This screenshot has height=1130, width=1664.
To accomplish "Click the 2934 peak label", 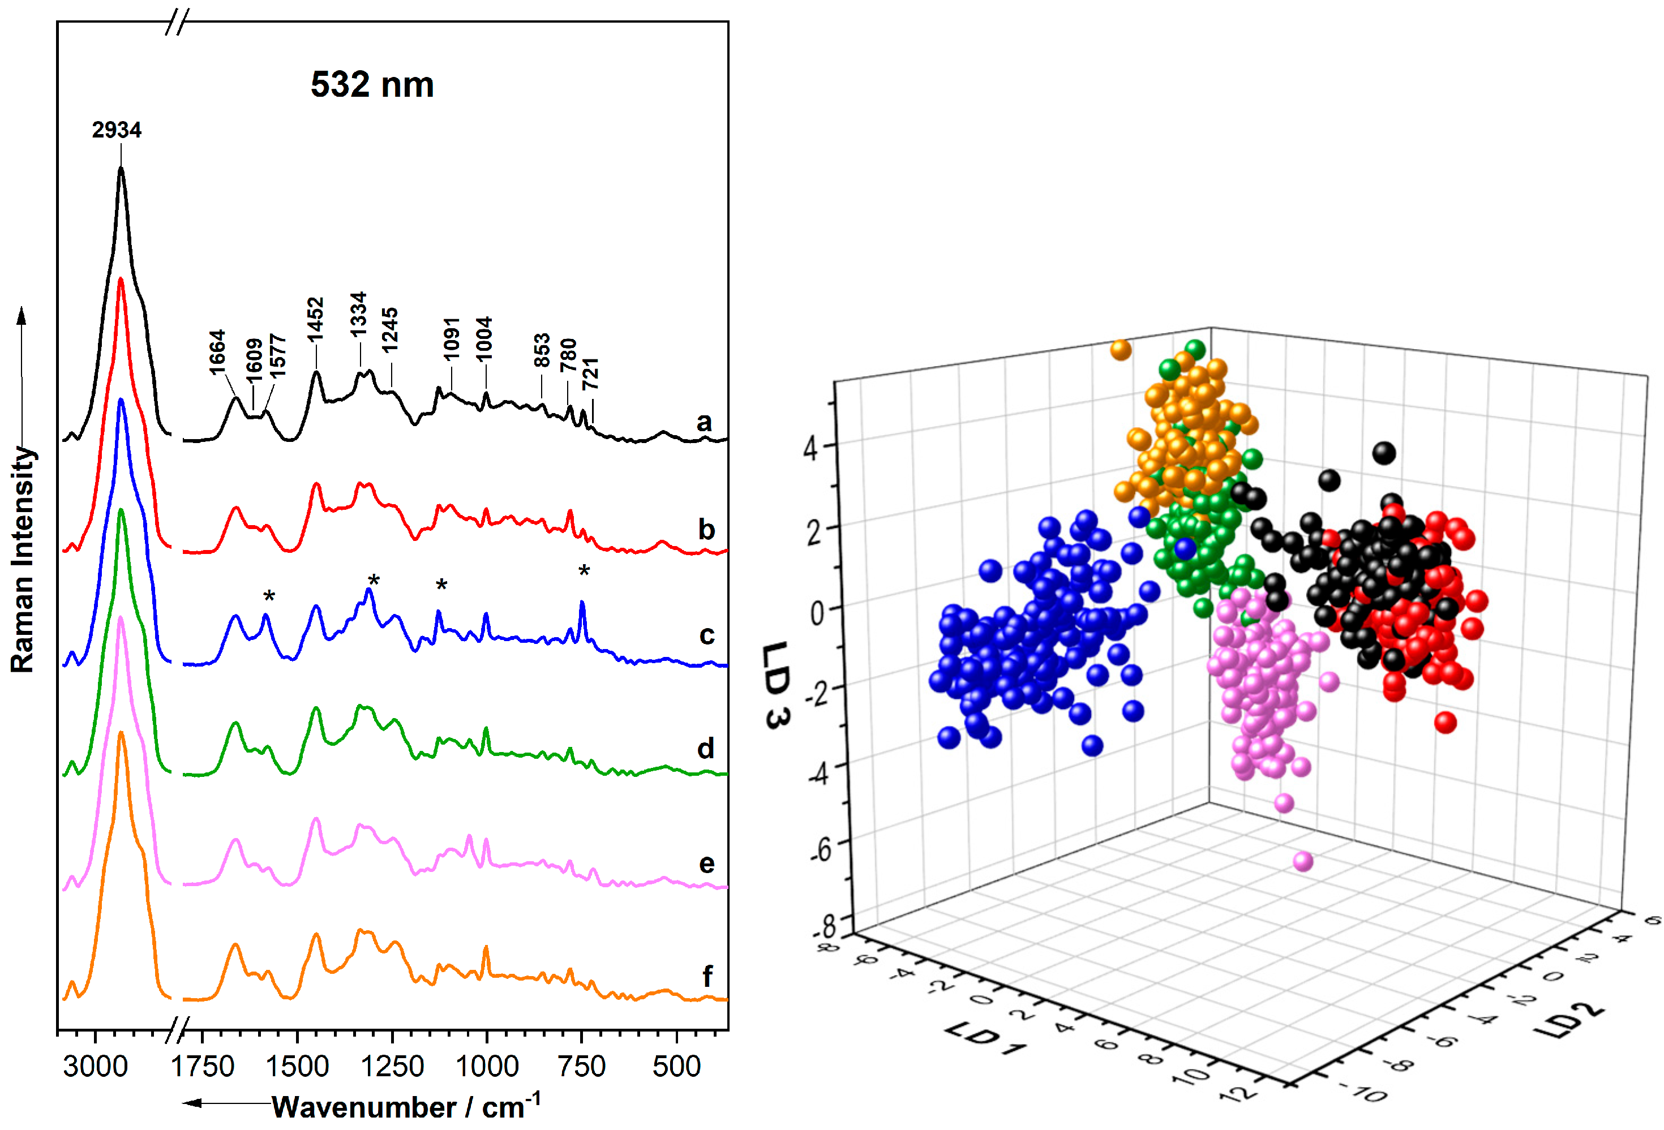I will [x=116, y=130].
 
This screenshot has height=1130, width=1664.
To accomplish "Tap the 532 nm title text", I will [x=372, y=84].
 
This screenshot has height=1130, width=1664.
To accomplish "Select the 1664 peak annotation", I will [x=217, y=351].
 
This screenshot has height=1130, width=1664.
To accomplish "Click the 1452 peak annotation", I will [x=316, y=319].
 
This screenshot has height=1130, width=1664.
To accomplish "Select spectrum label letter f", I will [x=707, y=976].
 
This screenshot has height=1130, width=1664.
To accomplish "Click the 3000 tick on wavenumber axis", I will [x=95, y=1066].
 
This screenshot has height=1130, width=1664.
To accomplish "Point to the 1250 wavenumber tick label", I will [x=392, y=1066].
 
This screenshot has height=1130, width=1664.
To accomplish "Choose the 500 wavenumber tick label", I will [x=676, y=1066].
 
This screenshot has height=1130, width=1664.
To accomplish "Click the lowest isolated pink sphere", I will [x=1302, y=861].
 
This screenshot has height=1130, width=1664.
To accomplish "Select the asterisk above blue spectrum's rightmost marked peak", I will [x=584, y=570].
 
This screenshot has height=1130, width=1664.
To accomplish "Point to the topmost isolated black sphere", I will [x=1383, y=452].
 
